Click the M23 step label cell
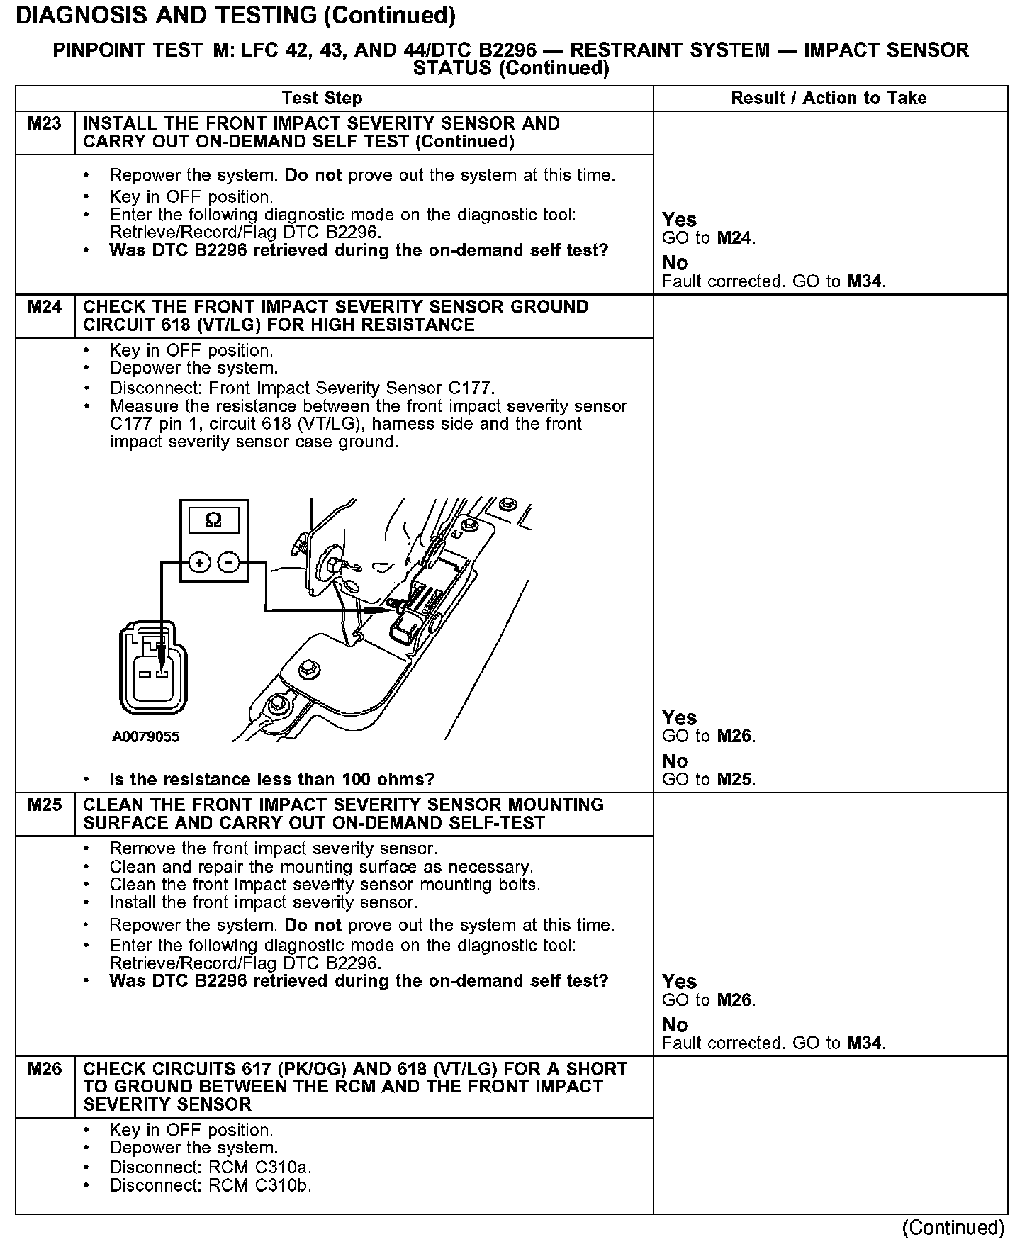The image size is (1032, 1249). coord(45,125)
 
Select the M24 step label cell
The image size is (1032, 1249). coord(45,308)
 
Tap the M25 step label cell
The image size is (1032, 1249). coord(45,806)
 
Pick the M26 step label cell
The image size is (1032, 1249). coord(45,1070)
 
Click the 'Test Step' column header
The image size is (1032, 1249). coord(322,99)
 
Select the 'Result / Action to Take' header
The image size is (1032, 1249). coord(829,99)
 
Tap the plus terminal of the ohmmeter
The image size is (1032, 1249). coord(200,564)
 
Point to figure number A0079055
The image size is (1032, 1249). coord(146,737)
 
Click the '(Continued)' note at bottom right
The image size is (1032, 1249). coord(953,1228)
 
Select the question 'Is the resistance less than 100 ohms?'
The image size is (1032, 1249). coord(271,780)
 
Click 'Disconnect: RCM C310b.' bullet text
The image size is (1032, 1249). coord(211,1186)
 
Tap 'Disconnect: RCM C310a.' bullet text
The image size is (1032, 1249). coord(211,1167)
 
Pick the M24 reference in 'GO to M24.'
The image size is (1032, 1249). coord(734,239)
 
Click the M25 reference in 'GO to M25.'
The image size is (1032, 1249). coord(734,780)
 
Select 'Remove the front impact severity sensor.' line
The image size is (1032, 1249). coord(274,849)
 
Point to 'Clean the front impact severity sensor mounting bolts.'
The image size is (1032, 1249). coord(325,885)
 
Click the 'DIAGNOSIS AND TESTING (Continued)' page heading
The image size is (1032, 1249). coord(235,16)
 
